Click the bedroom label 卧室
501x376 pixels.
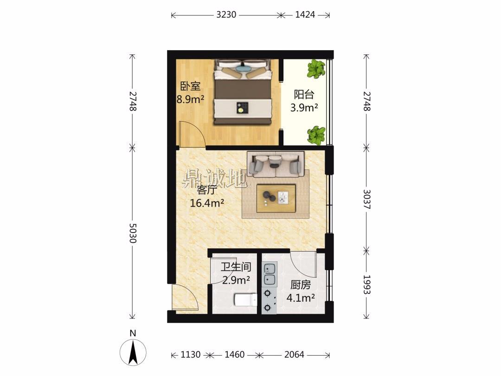click(x=191, y=86)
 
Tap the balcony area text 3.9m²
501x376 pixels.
click(x=304, y=107)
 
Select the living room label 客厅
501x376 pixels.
click(x=207, y=190)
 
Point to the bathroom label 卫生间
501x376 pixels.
click(x=236, y=266)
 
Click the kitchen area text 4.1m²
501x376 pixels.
click(x=300, y=298)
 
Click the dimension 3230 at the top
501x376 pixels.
click(x=226, y=15)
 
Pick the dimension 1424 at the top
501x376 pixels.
click(x=305, y=15)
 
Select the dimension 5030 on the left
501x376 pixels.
click(x=133, y=233)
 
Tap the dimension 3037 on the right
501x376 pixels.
click(x=367, y=199)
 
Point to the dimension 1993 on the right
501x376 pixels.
click(x=367, y=285)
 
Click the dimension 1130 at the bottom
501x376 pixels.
click(x=191, y=355)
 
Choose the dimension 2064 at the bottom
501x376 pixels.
click(x=294, y=355)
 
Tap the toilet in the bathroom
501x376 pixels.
click(x=245, y=300)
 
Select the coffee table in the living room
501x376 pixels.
click(x=276, y=198)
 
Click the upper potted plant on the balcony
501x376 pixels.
click(x=316, y=69)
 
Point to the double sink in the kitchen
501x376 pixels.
click(x=270, y=274)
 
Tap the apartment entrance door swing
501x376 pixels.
click(x=184, y=297)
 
